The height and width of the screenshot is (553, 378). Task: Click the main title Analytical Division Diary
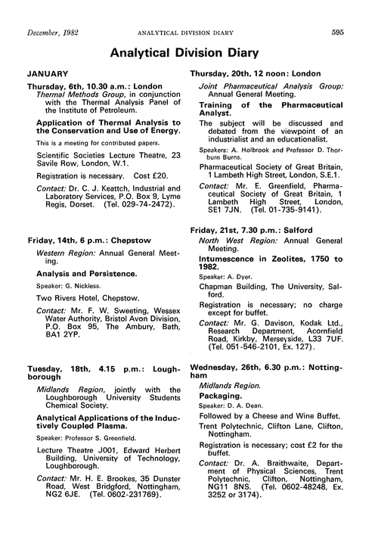click(189, 54)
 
